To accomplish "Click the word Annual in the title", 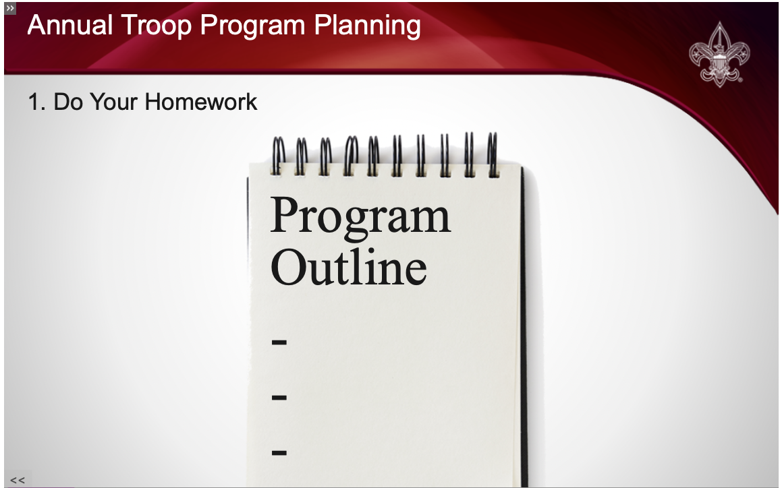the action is [70, 25].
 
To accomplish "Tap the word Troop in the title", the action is [156, 26].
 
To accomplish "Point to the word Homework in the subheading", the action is [201, 102].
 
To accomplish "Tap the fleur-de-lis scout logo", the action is [719, 54].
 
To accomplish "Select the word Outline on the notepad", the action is [349, 266].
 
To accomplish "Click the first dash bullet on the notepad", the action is [279, 342].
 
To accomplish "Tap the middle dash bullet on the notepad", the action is [279, 398].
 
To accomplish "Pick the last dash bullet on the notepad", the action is [279, 453].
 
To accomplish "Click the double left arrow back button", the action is [18, 480].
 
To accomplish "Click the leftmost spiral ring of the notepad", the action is [279, 156].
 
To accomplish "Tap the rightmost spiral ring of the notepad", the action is [492, 154].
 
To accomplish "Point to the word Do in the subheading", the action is [68, 102].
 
